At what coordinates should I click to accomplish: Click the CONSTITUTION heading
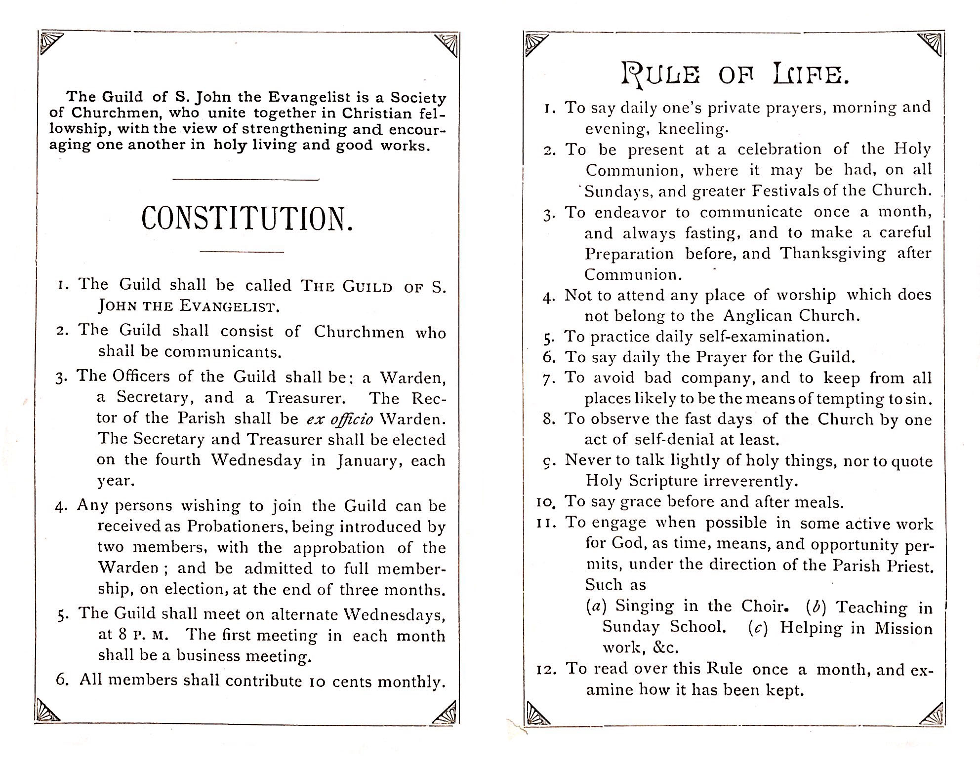[247, 219]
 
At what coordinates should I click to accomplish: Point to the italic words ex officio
[340, 419]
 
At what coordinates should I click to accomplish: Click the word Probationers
[236, 527]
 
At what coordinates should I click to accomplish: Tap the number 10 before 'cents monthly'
[317, 682]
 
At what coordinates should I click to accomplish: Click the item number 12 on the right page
[547, 670]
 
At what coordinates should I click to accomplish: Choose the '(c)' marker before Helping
[758, 628]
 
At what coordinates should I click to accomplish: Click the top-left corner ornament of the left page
[50, 42]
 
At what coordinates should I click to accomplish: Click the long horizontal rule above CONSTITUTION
[245, 179]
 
